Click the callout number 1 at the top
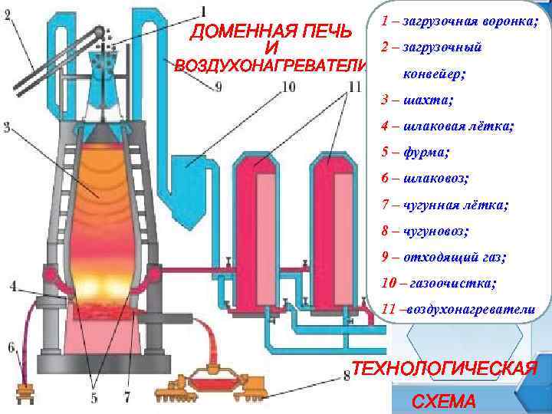(x=204, y=10)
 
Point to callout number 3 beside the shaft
(x=6, y=127)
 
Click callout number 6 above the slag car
(x=11, y=347)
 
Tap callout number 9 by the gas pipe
(x=219, y=87)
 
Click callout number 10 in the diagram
(x=288, y=87)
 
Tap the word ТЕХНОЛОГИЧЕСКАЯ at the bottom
(x=443, y=368)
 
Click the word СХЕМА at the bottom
(x=443, y=401)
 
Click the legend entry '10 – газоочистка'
(x=438, y=283)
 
